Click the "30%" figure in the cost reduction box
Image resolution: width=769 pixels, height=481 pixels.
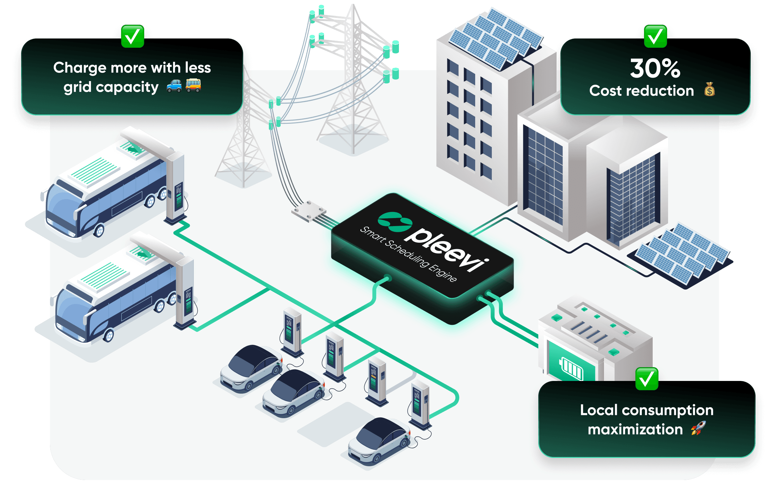click(655, 68)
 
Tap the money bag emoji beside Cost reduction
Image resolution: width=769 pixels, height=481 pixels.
click(709, 89)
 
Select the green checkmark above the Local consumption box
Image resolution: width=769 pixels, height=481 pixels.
click(647, 379)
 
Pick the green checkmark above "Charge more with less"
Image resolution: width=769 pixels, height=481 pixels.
click(132, 36)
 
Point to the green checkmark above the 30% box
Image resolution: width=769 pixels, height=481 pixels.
click(655, 36)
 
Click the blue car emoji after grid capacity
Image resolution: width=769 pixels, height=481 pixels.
click(174, 86)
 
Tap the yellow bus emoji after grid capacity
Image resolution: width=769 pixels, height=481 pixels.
click(193, 86)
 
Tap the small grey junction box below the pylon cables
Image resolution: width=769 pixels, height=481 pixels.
click(309, 211)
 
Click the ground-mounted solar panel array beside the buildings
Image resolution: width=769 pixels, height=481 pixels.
click(681, 255)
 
